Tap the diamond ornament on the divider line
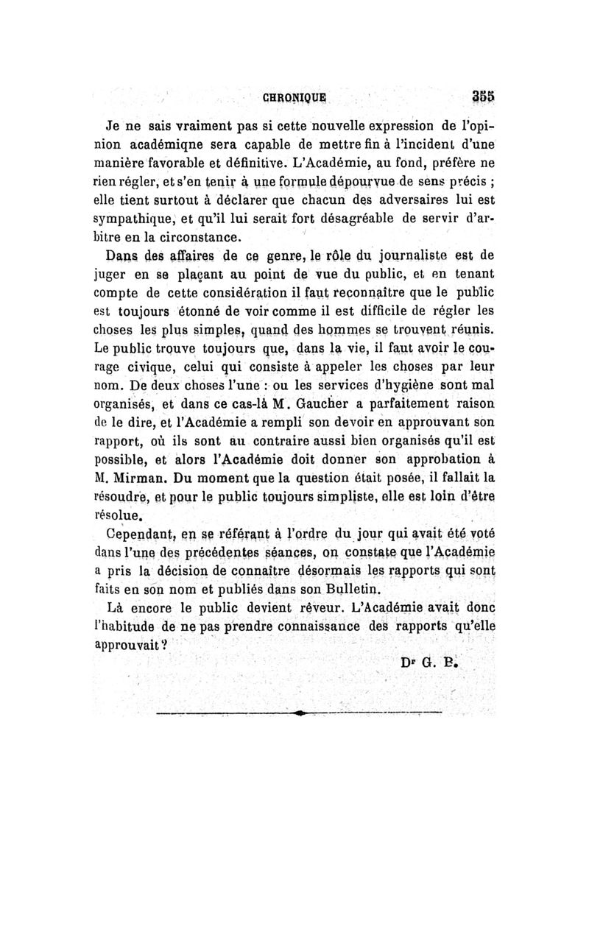pyautogui.click(x=298, y=713)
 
